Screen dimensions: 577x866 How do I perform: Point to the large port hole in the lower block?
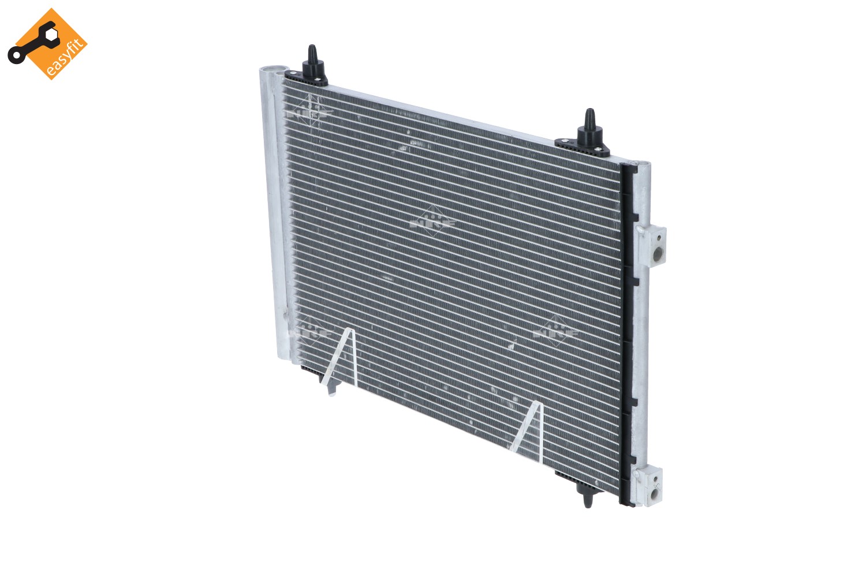[x=654, y=494]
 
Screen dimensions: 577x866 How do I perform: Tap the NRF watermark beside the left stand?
[x=310, y=331]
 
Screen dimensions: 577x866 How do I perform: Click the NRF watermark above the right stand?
[x=555, y=332]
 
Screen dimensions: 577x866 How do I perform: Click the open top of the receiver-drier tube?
[x=273, y=72]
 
